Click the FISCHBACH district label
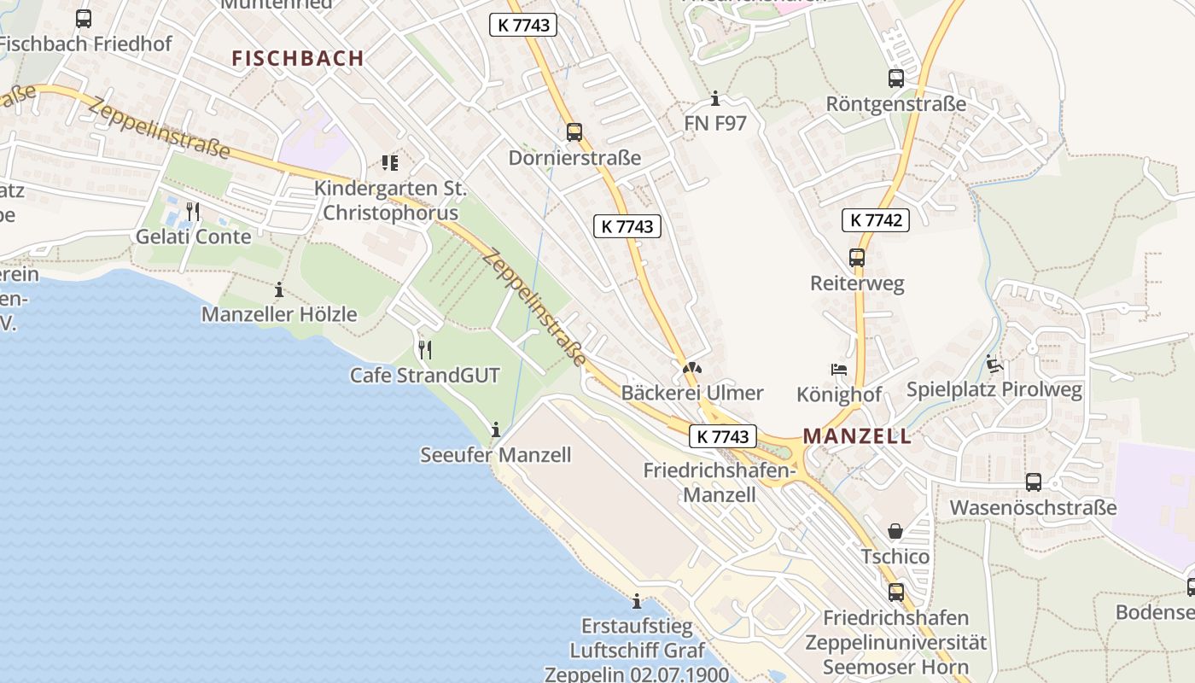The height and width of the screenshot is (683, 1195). [x=298, y=58]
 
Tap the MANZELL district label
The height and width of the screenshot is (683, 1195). [x=857, y=436]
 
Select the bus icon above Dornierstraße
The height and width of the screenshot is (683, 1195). [x=574, y=131]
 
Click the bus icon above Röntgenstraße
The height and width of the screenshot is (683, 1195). [x=895, y=79]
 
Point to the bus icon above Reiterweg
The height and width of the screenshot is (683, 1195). [x=856, y=257]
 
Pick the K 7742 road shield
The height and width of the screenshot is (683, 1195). [x=876, y=220]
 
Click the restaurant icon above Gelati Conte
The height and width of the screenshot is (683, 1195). [x=194, y=211]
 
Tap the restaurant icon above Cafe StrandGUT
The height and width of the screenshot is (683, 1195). [x=424, y=349]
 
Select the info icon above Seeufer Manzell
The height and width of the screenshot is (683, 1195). [x=495, y=429]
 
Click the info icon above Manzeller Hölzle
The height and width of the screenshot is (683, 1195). [x=278, y=289]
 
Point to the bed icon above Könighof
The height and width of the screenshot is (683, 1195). [x=839, y=369]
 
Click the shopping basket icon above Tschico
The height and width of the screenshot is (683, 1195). [x=895, y=531]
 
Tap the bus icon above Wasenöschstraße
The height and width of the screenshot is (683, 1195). [x=1033, y=482]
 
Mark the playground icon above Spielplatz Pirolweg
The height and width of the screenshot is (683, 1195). [x=994, y=365]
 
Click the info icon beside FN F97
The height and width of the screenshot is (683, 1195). [x=715, y=99]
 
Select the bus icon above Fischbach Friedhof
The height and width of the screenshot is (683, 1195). [x=84, y=18]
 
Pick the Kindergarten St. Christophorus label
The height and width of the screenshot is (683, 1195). [x=390, y=201]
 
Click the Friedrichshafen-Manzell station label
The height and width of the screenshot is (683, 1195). [x=720, y=482]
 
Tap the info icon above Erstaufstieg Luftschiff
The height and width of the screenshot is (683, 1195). [x=636, y=601]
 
